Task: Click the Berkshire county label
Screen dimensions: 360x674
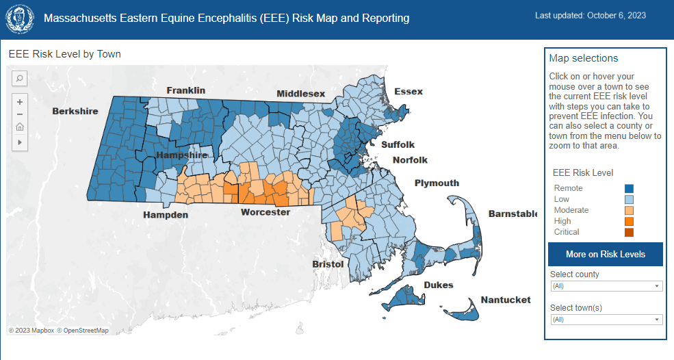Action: (x=75, y=111)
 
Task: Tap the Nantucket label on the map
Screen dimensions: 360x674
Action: (x=505, y=300)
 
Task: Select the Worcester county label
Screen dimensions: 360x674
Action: (x=265, y=213)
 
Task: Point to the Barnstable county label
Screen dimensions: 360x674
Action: (x=513, y=214)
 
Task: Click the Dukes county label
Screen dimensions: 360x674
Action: (x=438, y=285)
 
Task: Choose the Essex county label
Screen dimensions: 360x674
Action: (x=409, y=91)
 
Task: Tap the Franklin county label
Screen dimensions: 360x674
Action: (x=185, y=90)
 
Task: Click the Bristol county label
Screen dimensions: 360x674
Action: (x=328, y=263)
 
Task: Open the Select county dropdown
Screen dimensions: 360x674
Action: (x=606, y=286)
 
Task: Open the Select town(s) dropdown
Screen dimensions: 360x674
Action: (x=606, y=320)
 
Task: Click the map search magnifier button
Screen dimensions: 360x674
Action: (x=20, y=78)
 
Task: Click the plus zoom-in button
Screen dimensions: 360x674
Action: (x=20, y=101)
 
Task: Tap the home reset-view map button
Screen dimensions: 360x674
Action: (x=20, y=127)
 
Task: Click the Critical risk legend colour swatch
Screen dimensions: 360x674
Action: (x=629, y=232)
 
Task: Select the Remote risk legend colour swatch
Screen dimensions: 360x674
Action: (x=629, y=188)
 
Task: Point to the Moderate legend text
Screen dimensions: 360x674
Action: (x=571, y=210)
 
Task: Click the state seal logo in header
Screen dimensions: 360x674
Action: (x=20, y=18)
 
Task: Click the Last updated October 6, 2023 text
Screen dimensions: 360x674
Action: (x=590, y=15)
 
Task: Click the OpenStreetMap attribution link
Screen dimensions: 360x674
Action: (x=83, y=331)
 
